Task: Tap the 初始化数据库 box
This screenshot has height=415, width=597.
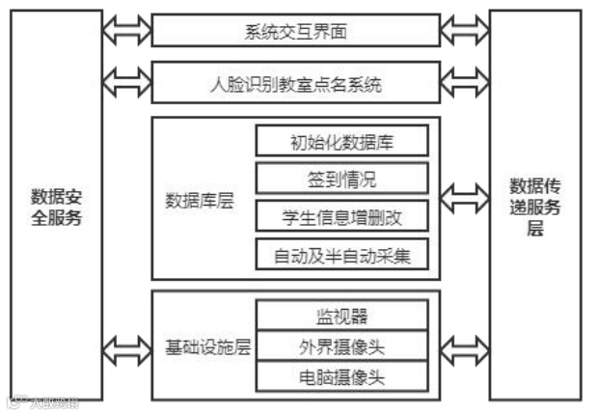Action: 342,142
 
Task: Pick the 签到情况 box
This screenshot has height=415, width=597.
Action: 342,179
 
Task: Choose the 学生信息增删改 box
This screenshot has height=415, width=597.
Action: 342,215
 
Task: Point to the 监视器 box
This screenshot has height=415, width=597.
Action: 342,315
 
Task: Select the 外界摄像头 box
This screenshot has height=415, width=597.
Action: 342,345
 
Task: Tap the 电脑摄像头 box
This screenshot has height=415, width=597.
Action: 342,374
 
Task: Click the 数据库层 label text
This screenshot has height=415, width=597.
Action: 201,199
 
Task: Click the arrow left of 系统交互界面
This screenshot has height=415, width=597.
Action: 126,31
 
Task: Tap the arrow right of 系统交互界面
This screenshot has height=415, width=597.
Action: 465,31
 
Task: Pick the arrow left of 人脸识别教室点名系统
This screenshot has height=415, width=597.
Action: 126,81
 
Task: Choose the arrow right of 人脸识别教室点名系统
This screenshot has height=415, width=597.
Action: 465,81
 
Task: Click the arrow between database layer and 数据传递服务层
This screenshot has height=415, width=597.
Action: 465,201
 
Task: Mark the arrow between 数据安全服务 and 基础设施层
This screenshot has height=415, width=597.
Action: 126,346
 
